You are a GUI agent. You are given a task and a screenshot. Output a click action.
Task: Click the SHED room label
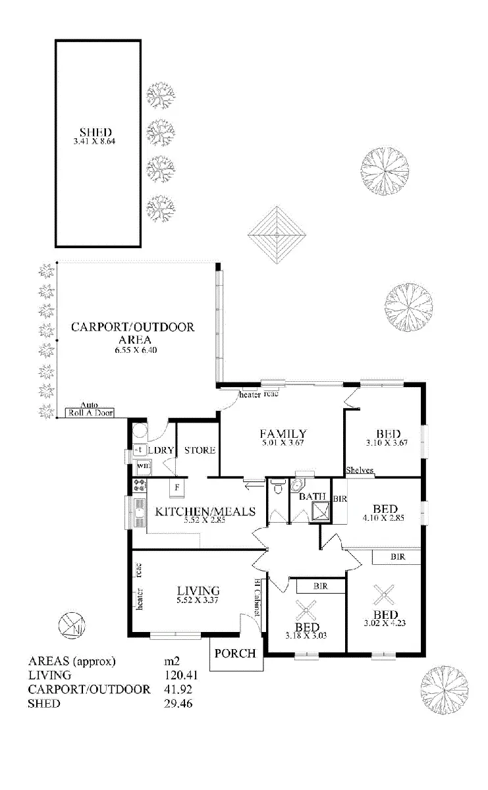[97, 132]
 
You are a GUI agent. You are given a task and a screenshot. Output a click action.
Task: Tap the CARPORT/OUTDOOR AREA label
[133, 327]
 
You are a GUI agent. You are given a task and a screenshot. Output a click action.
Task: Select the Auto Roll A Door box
[90, 413]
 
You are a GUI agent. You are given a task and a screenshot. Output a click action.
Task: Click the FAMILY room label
[283, 434]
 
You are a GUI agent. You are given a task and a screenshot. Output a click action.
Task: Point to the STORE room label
[200, 450]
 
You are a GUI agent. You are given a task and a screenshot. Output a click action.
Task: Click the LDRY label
[160, 450]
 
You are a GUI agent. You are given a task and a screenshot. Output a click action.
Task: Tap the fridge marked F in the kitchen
[176, 488]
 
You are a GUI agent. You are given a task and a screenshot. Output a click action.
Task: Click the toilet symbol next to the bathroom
[277, 489]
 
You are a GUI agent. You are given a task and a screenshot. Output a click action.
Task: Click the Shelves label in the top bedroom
[360, 471]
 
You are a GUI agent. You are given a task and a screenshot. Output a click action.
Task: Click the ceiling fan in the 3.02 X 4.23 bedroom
[381, 596]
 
